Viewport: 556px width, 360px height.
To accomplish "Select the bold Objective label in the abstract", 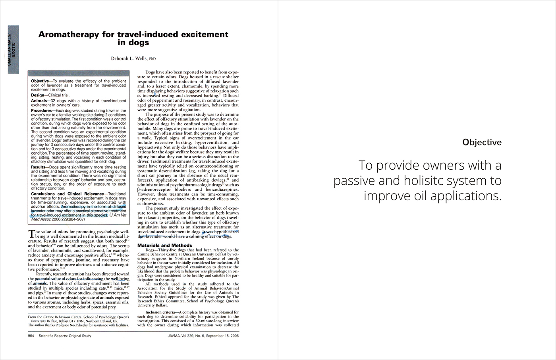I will [x=40, y=81].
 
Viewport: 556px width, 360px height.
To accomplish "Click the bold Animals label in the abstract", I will [x=39, y=101].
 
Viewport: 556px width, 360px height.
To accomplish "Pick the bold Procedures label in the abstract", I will [x=42, y=110].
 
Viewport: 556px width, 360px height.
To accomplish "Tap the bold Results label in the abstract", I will [x=39, y=167].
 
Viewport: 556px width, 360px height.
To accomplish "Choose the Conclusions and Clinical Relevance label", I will [x=67, y=194].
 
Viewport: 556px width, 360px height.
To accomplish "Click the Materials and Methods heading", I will [x=164, y=245].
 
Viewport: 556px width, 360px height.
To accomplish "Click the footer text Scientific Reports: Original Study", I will [x=65, y=336].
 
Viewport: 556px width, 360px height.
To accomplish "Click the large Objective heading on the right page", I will [x=482, y=142].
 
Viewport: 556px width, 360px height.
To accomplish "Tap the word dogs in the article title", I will [x=139, y=42].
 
